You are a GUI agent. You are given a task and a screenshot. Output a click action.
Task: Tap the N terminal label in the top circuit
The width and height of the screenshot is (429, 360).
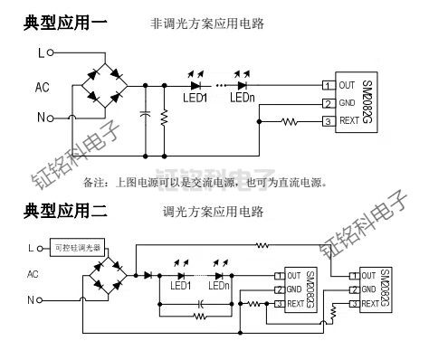(x=40, y=118)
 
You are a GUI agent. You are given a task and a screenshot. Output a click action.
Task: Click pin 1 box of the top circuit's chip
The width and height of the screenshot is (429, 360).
(x=327, y=85)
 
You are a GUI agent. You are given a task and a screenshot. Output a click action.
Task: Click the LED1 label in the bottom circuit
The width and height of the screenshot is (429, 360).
(x=181, y=286)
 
